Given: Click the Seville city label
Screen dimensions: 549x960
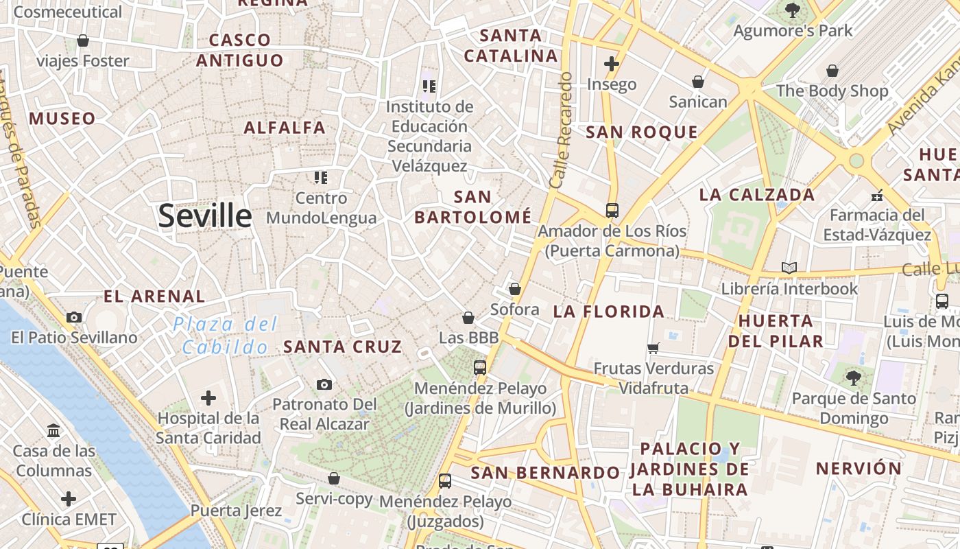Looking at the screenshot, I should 205,215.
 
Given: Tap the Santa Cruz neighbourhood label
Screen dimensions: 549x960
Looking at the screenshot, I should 343,347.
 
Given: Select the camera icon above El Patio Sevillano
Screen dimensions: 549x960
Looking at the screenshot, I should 74,317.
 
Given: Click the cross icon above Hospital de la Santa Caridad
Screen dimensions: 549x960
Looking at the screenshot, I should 208,398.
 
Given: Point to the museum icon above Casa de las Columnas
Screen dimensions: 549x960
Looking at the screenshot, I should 53,431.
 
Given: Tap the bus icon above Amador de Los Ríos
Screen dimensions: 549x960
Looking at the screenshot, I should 612,211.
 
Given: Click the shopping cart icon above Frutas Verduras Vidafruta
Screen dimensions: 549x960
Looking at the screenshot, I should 653,349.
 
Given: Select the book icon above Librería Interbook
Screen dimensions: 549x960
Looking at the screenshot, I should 789,268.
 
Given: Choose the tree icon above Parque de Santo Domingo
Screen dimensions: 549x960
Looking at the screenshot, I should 854,377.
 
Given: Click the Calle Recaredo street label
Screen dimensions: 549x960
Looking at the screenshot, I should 561,130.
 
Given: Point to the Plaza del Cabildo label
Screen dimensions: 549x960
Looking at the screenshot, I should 226,335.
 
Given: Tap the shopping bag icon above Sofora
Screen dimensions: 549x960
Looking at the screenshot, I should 515,290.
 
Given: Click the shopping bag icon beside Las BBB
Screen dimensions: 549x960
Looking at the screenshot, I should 468,318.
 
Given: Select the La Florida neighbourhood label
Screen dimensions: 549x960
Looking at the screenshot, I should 609,312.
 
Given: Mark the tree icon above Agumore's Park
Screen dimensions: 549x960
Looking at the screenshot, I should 793,10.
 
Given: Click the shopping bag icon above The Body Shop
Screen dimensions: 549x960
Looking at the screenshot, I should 832,71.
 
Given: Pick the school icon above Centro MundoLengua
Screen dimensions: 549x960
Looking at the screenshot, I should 321,178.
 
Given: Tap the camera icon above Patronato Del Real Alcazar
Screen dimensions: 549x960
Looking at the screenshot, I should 324,384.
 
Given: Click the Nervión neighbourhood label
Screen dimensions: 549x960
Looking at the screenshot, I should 859,469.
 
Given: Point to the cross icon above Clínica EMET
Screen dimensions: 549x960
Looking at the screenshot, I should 69,499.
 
